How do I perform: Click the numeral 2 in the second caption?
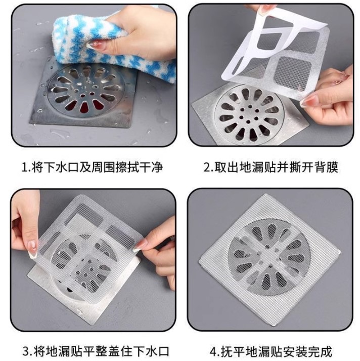click(x=207, y=168)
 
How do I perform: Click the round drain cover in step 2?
click(x=246, y=111)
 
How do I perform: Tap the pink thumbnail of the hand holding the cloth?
click(x=94, y=45)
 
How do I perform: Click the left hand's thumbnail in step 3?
click(x=32, y=247)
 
